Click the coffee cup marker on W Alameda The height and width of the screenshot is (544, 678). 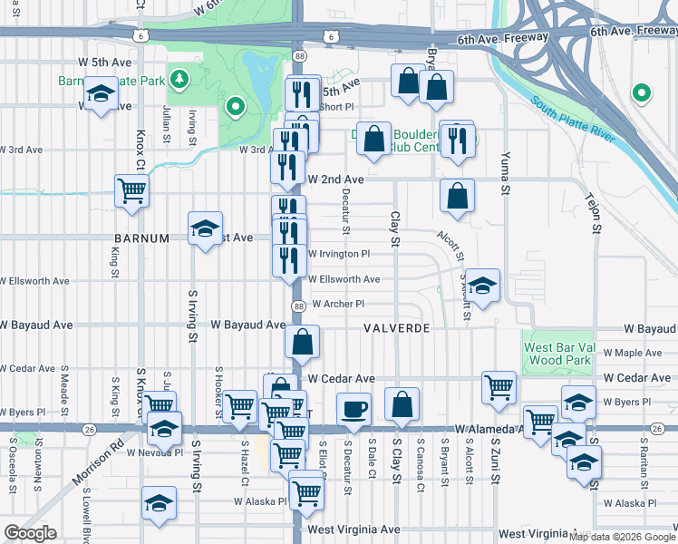point(354,409)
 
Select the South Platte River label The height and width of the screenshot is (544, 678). point(572,120)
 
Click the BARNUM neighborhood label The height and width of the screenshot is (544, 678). point(141,238)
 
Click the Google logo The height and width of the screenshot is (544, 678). point(31,533)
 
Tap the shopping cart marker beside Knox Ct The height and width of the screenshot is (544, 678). point(132,191)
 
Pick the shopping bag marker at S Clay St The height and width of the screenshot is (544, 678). point(401,404)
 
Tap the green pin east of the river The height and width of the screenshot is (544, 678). point(641,92)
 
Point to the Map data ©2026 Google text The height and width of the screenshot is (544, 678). point(623,537)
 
